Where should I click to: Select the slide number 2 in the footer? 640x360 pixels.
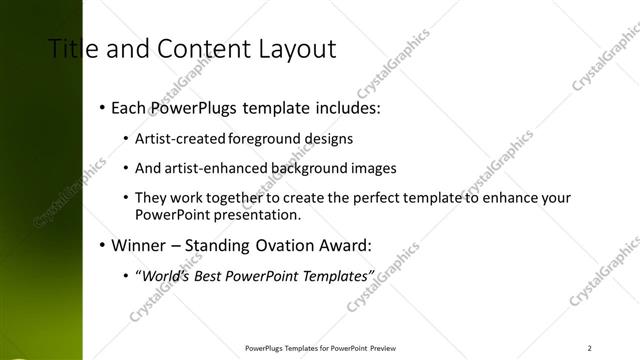[590, 348]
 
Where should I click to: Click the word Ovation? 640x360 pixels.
[294, 244]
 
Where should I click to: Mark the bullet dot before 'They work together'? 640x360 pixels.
[125, 199]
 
